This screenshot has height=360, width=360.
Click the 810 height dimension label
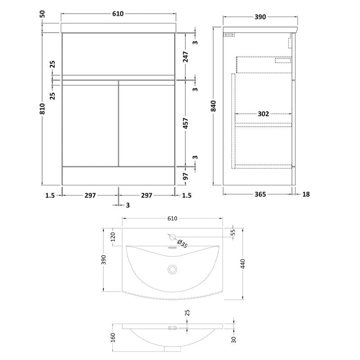pyautogui.click(x=43, y=108)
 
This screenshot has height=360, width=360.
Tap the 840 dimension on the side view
pyautogui.click(x=214, y=106)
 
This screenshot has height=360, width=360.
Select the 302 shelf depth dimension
pyautogui.click(x=263, y=114)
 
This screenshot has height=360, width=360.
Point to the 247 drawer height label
pyautogui.click(x=185, y=57)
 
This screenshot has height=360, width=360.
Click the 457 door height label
pyautogui.click(x=185, y=123)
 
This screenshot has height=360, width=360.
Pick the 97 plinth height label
pyautogui.click(x=185, y=176)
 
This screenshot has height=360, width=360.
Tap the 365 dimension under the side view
pyautogui.click(x=261, y=194)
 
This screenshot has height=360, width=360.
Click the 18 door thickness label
pyautogui.click(x=306, y=194)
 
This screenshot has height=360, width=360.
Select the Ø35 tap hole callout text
pyautogui.click(x=183, y=244)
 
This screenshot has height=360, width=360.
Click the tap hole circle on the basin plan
pyautogui.click(x=172, y=237)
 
